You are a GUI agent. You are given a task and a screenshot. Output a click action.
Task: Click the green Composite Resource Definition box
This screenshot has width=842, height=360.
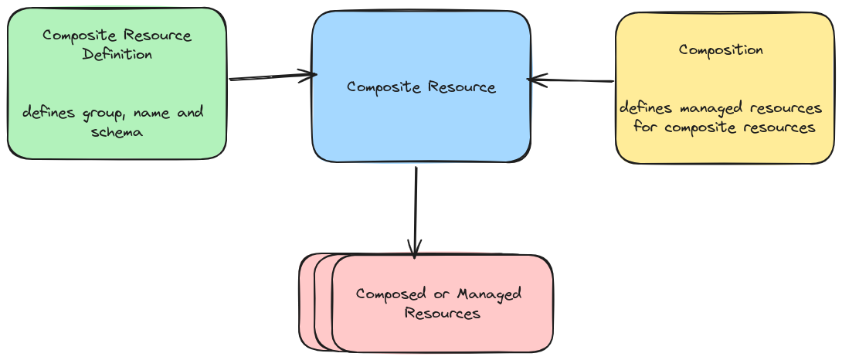tap(116, 83)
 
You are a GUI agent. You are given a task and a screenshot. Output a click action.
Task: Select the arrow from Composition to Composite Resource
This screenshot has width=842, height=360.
tap(572, 80)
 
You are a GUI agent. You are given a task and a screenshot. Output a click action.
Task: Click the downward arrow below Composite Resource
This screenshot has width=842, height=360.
tap(416, 209)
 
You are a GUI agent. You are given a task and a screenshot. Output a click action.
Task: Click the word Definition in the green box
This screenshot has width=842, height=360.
tap(117, 55)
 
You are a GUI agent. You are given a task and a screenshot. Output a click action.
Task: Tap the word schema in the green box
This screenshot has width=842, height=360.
tap(117, 133)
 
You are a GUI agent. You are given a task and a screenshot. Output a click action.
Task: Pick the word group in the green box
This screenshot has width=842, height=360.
tap(101, 114)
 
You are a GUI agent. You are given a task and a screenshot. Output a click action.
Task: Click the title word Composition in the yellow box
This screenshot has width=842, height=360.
tap(721, 49)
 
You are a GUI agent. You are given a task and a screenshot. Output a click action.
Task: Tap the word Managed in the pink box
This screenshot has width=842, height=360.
tap(490, 294)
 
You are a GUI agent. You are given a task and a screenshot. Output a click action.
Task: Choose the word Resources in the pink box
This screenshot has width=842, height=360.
tap(443, 314)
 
